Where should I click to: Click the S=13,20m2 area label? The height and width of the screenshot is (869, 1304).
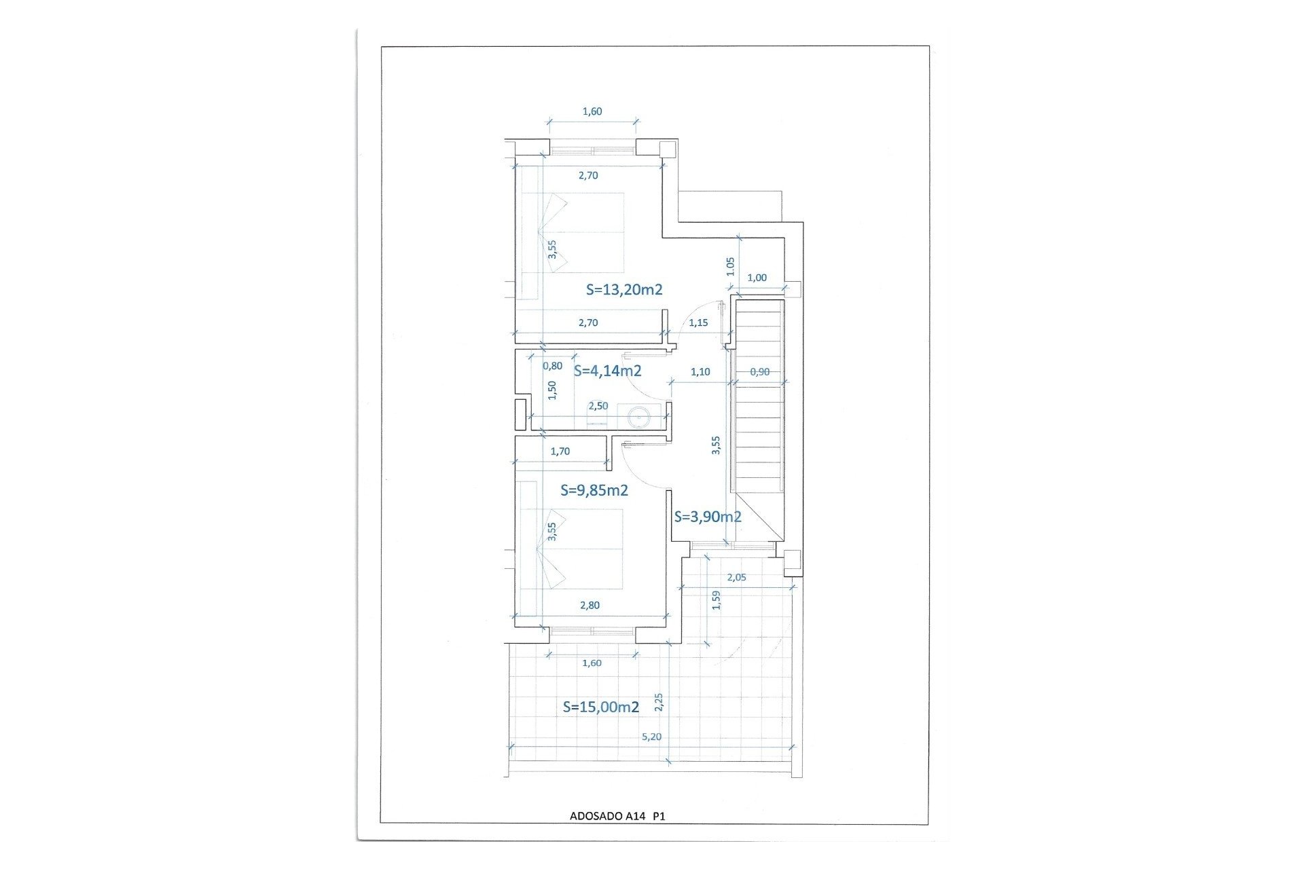coord(624,290)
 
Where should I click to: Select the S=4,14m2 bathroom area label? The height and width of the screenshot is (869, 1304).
coord(607,371)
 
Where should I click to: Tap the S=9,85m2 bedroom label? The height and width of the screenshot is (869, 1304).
coord(594,490)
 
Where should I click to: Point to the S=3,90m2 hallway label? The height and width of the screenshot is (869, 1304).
coord(707,517)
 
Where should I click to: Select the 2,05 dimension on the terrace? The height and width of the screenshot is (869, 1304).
coord(736,578)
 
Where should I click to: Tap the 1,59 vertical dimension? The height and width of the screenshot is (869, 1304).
coord(715,600)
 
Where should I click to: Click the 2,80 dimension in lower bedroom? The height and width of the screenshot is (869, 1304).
coord(590,605)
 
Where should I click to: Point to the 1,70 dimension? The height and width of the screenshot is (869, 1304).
coord(560,451)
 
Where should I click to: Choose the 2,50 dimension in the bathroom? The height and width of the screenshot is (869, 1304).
coord(598,406)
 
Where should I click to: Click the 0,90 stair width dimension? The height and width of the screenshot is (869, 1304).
coord(759,371)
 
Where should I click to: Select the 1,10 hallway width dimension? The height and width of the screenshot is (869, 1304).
coord(700,371)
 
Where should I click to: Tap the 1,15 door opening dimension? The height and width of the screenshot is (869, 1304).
coord(698,322)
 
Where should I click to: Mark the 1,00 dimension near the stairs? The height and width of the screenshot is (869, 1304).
coord(757,278)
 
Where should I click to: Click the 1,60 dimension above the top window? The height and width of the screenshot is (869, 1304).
coord(592,111)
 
